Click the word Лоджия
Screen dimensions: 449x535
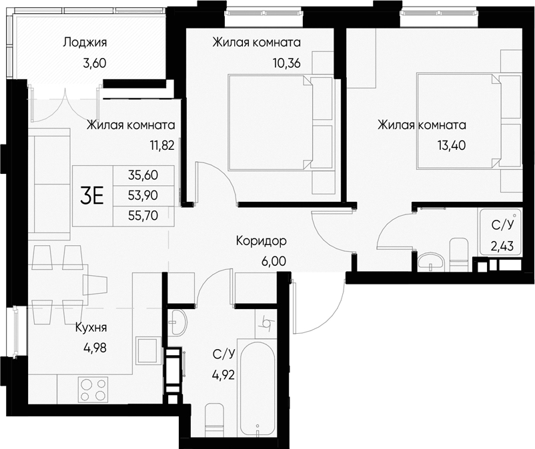coord(85,43)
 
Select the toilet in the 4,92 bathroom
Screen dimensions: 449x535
coord(215,418)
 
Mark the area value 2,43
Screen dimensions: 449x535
coord(503,246)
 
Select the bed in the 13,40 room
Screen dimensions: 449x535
coord(459,121)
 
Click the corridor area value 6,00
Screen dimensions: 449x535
coord(273,260)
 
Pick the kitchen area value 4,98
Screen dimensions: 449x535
coord(94,348)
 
